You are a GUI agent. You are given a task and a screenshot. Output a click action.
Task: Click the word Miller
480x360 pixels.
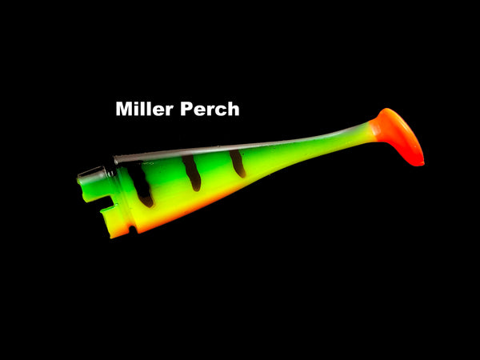click(x=145, y=109)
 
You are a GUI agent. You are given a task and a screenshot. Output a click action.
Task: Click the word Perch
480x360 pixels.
click(x=210, y=109)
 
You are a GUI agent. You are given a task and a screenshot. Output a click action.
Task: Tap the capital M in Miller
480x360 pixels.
click(x=124, y=109)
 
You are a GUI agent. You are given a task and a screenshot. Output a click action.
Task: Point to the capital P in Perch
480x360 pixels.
click(x=186, y=109)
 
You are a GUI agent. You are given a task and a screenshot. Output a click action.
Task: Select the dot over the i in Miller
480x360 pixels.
click(x=137, y=103)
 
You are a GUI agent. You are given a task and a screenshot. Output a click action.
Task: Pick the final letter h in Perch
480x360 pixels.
click(x=234, y=109)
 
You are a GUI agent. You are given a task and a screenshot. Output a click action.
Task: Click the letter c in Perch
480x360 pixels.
click(x=222, y=111)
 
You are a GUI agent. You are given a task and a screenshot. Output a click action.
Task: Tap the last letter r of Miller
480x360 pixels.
click(x=170, y=111)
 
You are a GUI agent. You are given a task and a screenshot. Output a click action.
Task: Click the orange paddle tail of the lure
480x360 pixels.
click(x=398, y=134)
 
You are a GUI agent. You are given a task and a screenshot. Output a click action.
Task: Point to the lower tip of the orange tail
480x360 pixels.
click(x=422, y=164)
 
